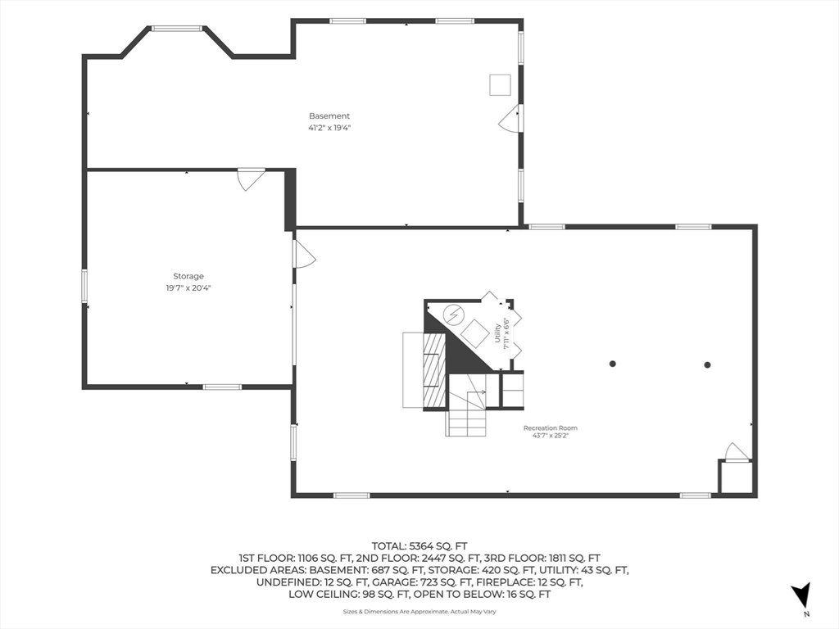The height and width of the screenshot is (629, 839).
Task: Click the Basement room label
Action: (329, 116)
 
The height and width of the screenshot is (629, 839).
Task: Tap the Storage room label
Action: (188, 277)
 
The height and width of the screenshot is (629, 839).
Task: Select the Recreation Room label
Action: (550, 428)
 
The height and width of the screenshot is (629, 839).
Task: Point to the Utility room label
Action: (497, 333)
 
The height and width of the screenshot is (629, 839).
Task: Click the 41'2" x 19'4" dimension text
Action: (329, 128)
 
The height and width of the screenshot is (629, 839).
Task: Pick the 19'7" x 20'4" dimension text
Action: (188, 288)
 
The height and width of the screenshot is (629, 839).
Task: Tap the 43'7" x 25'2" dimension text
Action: (550, 436)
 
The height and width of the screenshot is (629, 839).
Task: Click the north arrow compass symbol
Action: (801, 595)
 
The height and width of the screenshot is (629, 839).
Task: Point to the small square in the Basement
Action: (500, 85)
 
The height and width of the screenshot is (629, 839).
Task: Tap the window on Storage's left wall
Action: (84, 286)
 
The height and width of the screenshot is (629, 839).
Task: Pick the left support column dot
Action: (613, 364)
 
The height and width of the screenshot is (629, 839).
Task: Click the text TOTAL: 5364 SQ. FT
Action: (419, 546)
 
